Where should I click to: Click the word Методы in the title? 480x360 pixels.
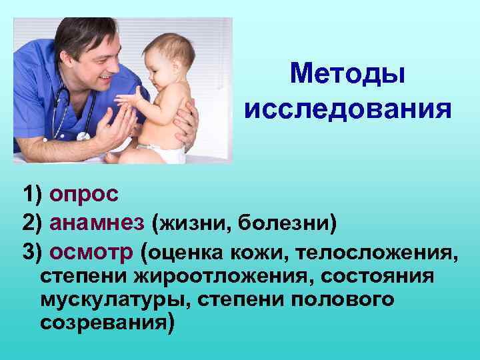click(347, 73)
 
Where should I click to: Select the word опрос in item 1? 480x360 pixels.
click(84, 195)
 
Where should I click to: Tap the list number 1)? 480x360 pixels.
click(31, 195)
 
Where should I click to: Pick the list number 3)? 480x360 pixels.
click(31, 252)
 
